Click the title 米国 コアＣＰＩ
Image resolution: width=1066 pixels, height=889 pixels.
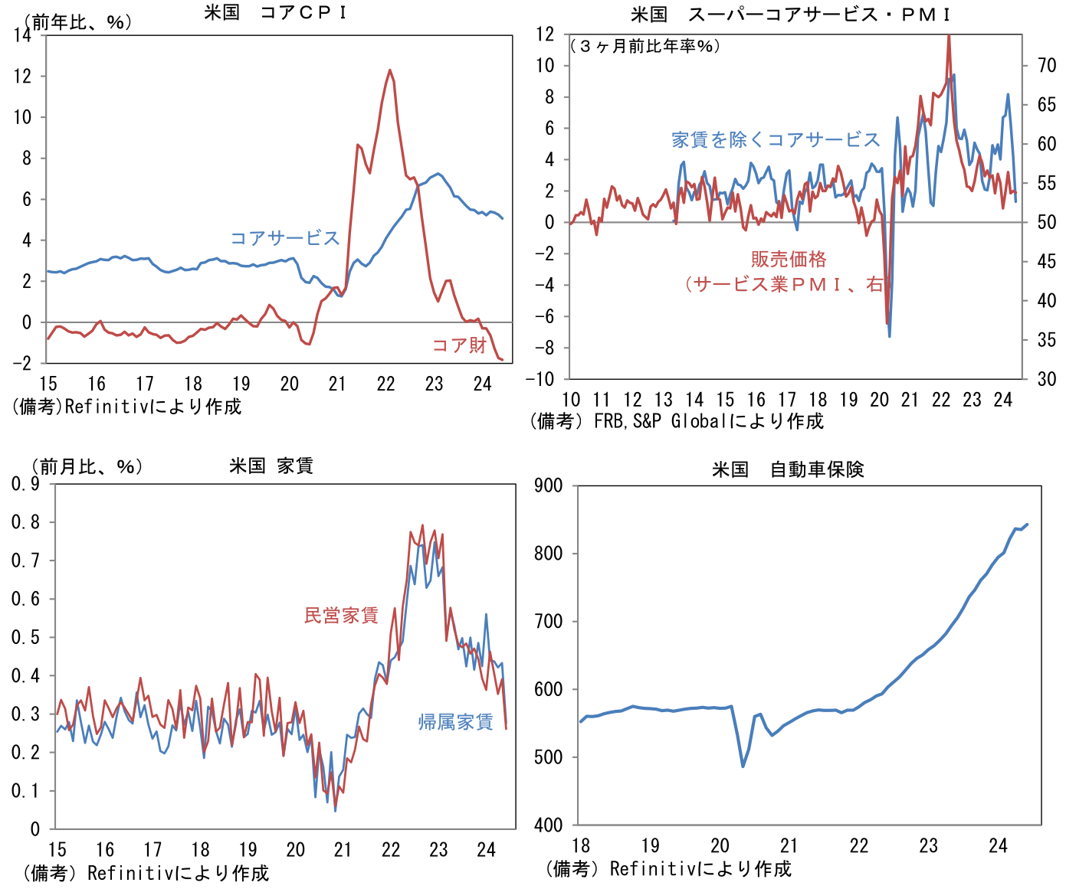point(275,12)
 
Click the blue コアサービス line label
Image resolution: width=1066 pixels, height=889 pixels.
point(284,238)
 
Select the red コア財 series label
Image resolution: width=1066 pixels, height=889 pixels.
point(459,345)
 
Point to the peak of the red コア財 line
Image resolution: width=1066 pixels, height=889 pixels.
point(390,70)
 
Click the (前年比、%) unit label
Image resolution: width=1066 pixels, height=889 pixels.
point(77,22)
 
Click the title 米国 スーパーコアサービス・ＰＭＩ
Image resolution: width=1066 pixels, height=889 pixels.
point(790,15)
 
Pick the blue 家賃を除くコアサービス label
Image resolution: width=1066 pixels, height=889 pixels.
point(776,139)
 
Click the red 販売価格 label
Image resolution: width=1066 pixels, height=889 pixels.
point(789,259)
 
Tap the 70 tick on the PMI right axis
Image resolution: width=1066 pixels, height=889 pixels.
point(1047,66)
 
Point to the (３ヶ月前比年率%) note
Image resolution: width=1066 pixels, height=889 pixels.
point(645,46)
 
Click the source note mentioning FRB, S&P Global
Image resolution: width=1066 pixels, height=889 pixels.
point(677,421)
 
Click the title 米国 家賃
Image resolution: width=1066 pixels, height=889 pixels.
point(271,466)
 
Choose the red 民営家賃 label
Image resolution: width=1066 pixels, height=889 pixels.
point(341,615)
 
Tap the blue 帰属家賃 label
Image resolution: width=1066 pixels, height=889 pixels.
point(455,722)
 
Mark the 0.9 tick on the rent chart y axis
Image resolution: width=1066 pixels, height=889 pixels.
point(25,484)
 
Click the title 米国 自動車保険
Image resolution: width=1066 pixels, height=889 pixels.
point(788,469)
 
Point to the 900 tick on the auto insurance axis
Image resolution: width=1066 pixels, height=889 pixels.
point(549,485)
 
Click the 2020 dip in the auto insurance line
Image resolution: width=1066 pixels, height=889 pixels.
point(743,766)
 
